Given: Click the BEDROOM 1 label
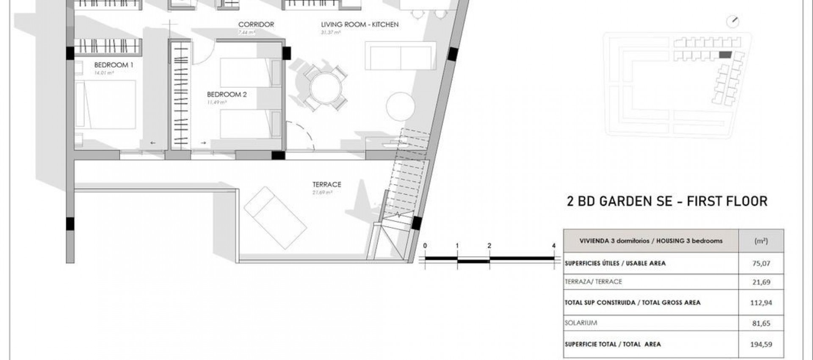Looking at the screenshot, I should (x=113, y=65).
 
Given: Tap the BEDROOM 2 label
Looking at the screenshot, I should (x=227, y=94).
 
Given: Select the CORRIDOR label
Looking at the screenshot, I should (x=256, y=25).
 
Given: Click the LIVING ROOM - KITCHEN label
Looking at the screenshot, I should (x=359, y=25).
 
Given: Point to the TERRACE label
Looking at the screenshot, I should (x=326, y=185).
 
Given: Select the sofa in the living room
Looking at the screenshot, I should (x=400, y=55).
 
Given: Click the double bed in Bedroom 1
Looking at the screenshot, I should (x=106, y=104).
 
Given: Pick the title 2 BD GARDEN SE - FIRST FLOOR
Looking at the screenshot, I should (x=667, y=201).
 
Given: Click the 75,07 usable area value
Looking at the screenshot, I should (x=761, y=263).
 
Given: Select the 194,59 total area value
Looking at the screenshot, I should (x=761, y=344).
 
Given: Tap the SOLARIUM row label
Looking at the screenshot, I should (x=581, y=323).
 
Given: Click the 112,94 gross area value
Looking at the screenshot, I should (x=761, y=303).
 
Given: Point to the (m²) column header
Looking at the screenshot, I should (x=761, y=241).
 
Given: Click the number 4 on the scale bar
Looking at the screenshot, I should (x=554, y=246).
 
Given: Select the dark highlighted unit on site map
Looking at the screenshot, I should (x=725, y=55).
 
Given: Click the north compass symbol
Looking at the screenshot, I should (x=733, y=22).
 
